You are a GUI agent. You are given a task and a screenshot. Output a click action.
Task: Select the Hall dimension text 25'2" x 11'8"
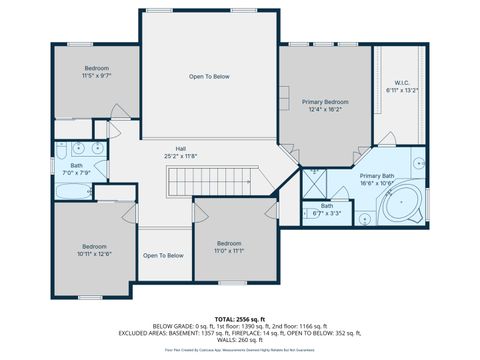click(180, 156)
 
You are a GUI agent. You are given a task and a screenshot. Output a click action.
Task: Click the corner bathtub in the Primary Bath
click(401, 207)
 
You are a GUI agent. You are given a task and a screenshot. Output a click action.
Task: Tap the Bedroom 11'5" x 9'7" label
click(96, 70)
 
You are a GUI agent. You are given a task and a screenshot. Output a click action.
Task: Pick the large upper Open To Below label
click(209, 77)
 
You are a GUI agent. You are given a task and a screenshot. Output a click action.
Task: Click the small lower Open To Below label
click(163, 256)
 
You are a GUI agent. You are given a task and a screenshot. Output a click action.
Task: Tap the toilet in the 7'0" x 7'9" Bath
click(90, 190)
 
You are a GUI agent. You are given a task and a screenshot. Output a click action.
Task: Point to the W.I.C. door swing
click(362, 153)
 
